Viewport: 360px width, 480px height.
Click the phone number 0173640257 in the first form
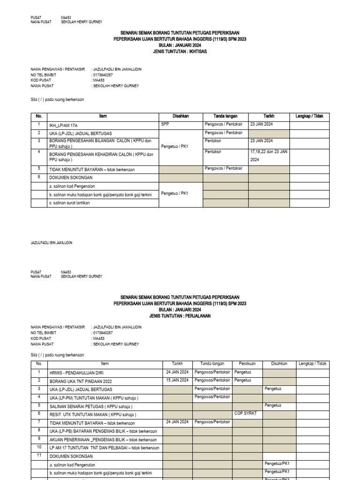[x=104, y=75]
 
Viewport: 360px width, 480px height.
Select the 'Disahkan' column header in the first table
[x=180, y=116]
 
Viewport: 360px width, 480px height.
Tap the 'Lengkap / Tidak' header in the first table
[x=309, y=116]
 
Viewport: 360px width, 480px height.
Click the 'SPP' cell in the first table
[x=165, y=124]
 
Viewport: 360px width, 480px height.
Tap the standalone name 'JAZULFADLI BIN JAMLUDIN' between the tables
[x=52, y=243]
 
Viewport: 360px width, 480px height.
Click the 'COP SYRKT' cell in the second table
[x=245, y=413]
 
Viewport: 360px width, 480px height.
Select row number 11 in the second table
[x=39, y=456]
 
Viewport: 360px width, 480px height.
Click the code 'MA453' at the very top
[x=66, y=17]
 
